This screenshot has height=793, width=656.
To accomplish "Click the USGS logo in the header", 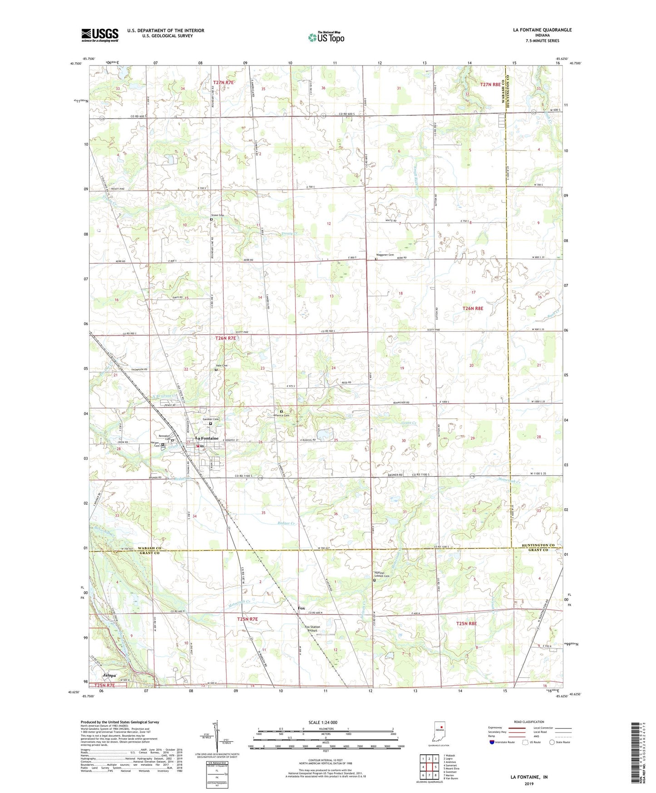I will tap(99, 35).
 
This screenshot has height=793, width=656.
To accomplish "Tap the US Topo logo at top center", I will tap(326, 37).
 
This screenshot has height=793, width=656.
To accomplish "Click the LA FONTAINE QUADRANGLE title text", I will tap(542, 30).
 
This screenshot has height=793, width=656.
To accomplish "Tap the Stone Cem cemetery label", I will tap(217, 215).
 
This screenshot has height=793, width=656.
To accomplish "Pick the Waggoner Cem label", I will tap(384, 255).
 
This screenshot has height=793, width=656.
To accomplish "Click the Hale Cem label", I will tap(221, 366).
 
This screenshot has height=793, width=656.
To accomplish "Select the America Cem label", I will tap(281, 415).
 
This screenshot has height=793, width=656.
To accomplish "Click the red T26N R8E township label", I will tap(473, 308).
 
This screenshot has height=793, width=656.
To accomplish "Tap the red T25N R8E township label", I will tap(466, 624).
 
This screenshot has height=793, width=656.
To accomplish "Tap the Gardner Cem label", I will tap(211, 419).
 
